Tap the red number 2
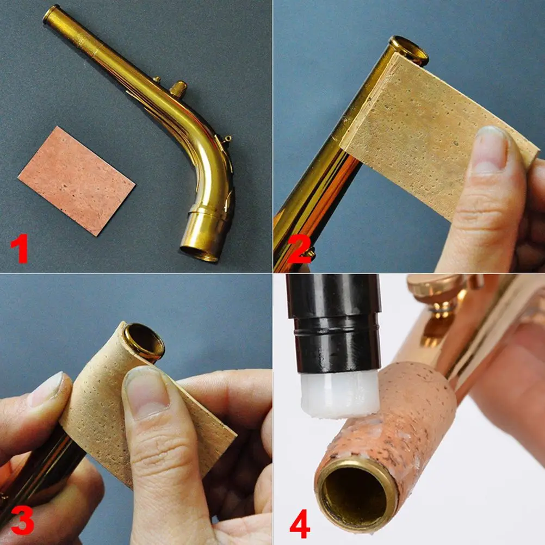[299, 248]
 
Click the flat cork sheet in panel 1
[76, 179]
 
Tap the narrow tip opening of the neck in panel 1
[52, 13]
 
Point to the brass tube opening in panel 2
[409, 48]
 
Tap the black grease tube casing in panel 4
[334, 321]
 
